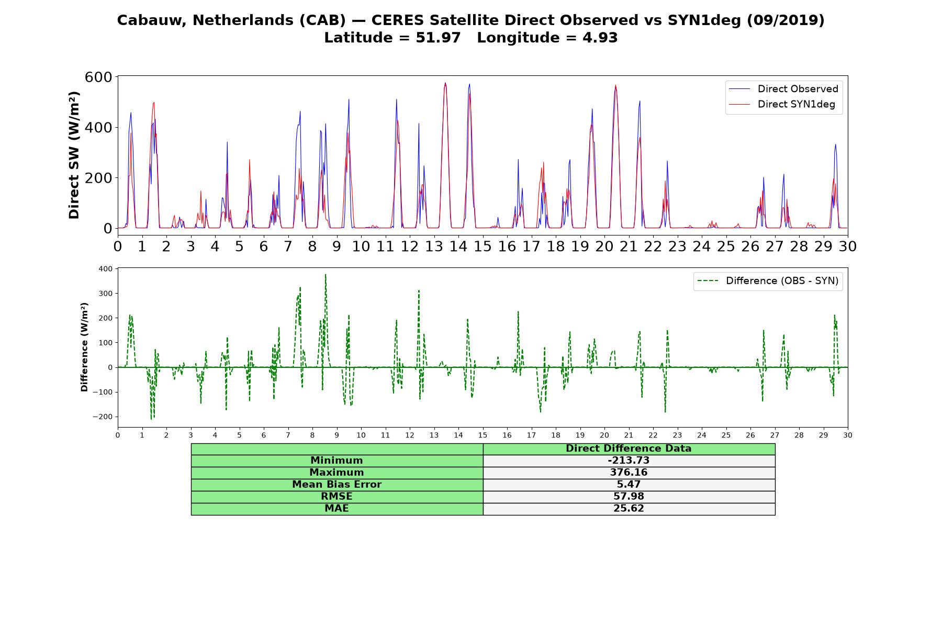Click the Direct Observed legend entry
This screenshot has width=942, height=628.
point(783,89)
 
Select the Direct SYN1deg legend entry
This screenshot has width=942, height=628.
point(782,104)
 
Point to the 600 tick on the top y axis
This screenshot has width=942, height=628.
point(98,77)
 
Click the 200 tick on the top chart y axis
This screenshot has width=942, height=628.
point(98,178)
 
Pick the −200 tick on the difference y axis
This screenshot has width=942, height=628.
point(103,417)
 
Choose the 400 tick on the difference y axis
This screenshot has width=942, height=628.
point(105,269)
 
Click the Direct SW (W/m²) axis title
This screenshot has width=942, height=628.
point(74,155)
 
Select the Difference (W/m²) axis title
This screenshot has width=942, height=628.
point(84,347)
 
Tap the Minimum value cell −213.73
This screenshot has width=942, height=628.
point(629,461)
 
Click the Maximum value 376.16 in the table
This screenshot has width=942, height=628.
point(629,473)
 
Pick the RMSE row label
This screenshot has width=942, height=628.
point(337,497)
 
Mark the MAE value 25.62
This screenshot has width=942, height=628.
point(629,509)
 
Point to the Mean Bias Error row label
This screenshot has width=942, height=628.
point(337,485)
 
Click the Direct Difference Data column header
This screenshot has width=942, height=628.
point(629,448)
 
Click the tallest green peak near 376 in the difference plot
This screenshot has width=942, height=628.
point(326,274)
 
